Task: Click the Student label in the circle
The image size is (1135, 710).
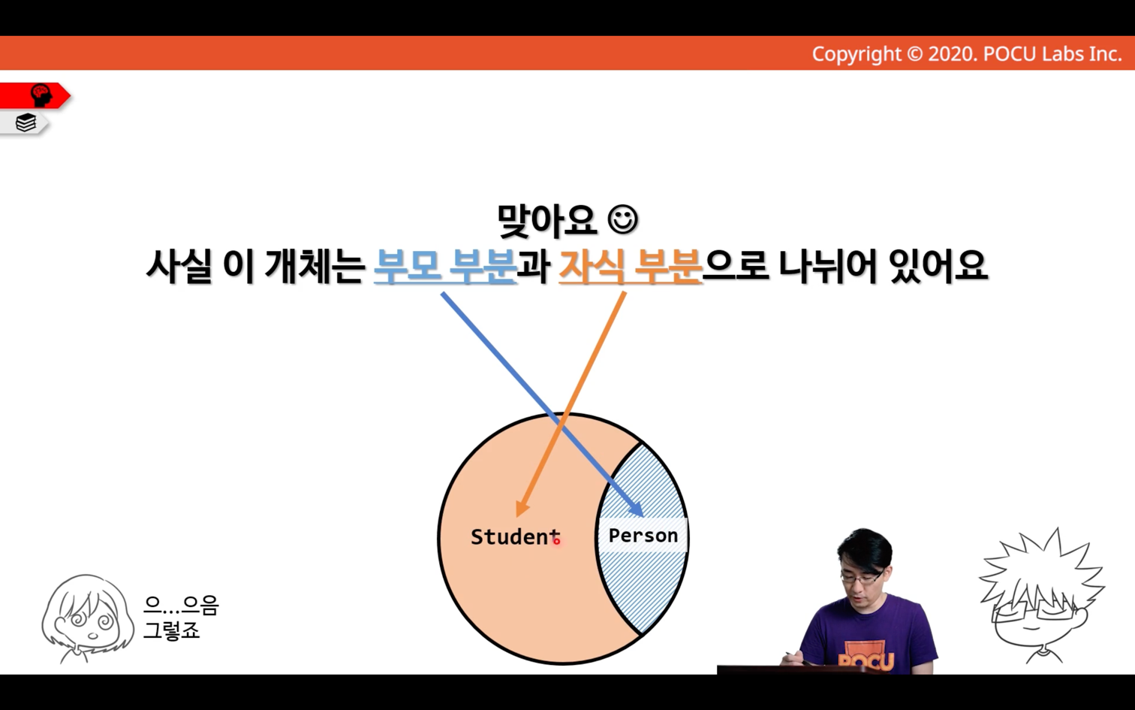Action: (515, 536)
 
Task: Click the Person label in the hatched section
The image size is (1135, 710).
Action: (643, 535)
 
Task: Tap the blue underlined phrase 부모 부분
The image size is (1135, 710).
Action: (445, 266)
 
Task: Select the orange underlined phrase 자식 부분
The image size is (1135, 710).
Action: (631, 266)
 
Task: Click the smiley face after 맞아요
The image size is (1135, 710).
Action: (623, 219)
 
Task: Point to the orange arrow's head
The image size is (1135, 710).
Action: (522, 508)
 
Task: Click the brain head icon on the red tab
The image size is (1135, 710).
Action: (41, 95)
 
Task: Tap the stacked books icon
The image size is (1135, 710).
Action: (26, 122)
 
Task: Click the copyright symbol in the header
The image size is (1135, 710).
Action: (914, 54)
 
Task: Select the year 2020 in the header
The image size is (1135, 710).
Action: (951, 54)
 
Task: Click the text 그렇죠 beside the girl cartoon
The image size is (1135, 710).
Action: (172, 630)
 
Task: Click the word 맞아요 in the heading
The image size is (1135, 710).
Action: (547, 221)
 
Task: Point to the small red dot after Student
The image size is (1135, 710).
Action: (557, 541)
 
